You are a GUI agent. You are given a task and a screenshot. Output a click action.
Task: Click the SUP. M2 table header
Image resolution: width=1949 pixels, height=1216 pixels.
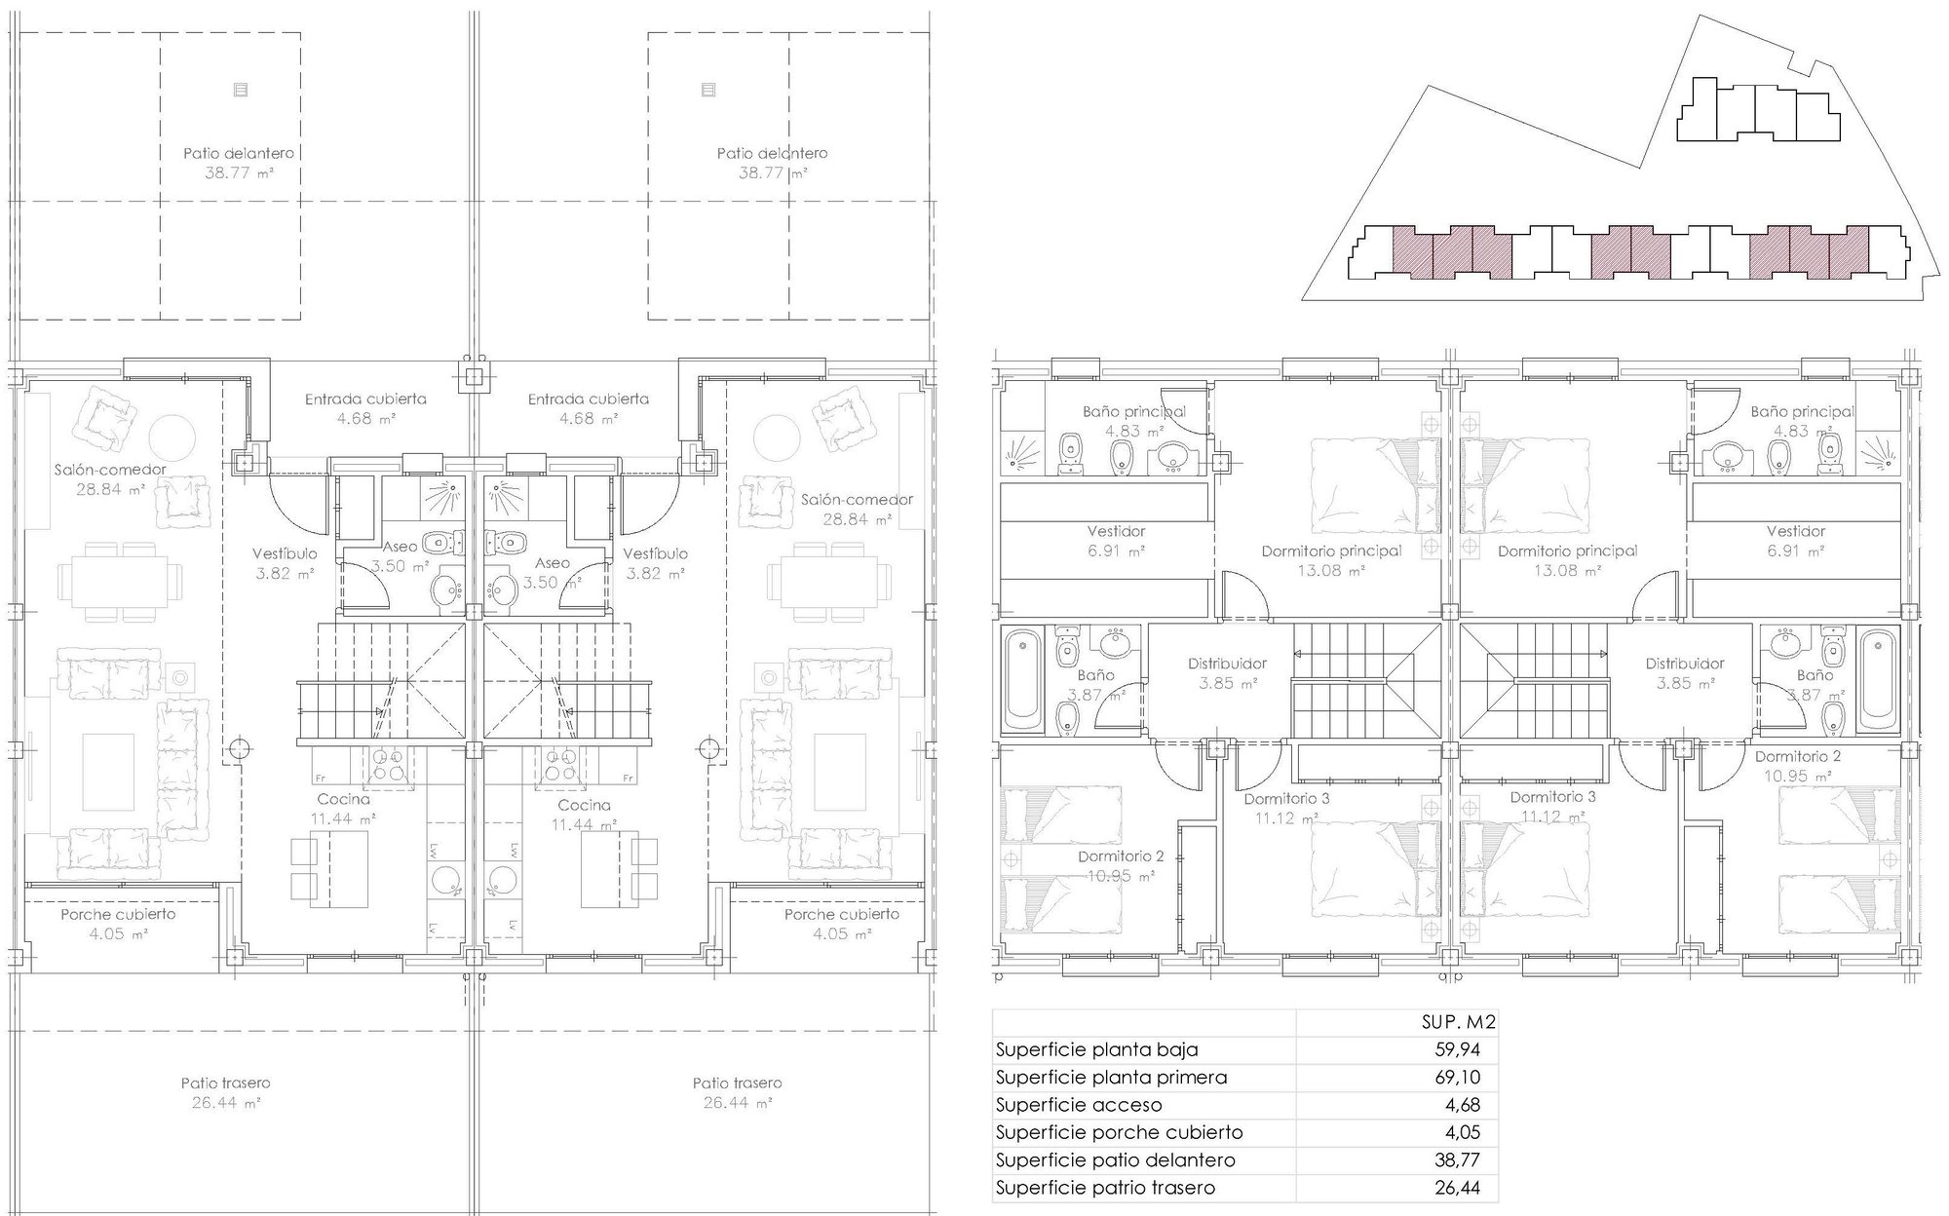[x=1458, y=1022]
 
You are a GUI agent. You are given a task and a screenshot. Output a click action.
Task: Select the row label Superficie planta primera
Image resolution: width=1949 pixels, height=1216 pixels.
[x=1111, y=1078]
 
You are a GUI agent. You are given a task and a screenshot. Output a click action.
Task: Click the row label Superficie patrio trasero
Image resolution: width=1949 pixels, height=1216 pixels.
[x=1105, y=1188]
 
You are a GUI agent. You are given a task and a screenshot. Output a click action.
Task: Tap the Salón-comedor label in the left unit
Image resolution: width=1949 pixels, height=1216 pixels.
[x=110, y=470]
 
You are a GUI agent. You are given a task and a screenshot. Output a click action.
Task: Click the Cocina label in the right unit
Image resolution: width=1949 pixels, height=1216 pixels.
[x=585, y=805]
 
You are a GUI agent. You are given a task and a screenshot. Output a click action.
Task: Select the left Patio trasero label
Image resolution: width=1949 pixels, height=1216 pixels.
[x=225, y=1083]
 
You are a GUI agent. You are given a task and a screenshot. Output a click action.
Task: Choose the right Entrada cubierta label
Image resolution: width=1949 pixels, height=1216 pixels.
[x=589, y=399]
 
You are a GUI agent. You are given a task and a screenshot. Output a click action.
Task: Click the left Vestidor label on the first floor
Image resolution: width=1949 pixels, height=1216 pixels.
[x=1117, y=531]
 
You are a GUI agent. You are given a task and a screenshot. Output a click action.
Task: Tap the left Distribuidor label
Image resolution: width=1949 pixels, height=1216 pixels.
[x=1227, y=664]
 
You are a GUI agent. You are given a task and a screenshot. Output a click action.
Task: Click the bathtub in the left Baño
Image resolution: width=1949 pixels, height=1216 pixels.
[x=1021, y=679]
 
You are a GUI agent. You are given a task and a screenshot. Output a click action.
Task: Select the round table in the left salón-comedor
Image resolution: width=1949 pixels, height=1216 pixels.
[x=174, y=433]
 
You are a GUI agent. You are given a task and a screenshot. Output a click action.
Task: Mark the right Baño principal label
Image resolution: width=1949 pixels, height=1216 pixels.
[x=1802, y=412]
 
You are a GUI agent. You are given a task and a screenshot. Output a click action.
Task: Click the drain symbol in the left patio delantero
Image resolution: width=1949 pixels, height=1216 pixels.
[x=241, y=90]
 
